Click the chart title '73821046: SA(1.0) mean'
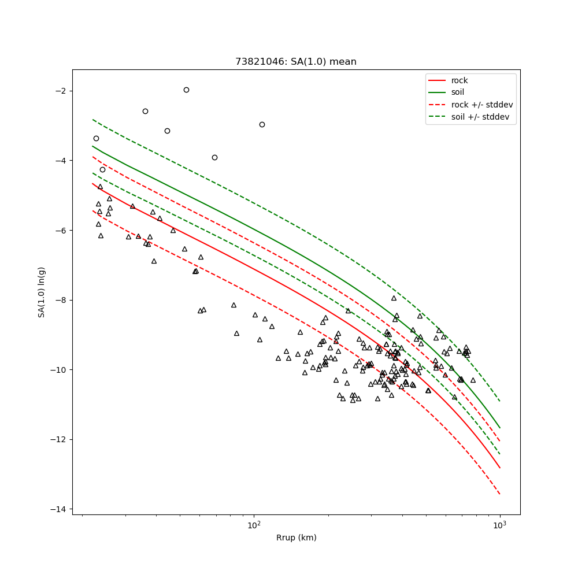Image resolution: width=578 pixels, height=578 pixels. (295, 62)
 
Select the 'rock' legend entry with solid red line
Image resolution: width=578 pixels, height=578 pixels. (460, 80)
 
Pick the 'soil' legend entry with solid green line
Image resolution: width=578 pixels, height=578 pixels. (458, 92)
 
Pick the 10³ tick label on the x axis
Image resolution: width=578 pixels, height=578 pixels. (499, 525)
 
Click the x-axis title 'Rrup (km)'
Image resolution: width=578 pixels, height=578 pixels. (296, 538)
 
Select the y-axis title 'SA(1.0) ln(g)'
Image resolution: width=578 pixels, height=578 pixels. (42, 292)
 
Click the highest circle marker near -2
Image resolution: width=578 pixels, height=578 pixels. (186, 90)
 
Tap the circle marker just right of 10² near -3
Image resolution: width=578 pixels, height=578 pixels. (262, 124)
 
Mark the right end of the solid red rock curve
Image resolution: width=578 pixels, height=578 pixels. (499, 468)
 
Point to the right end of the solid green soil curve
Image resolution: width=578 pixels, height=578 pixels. (499, 428)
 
